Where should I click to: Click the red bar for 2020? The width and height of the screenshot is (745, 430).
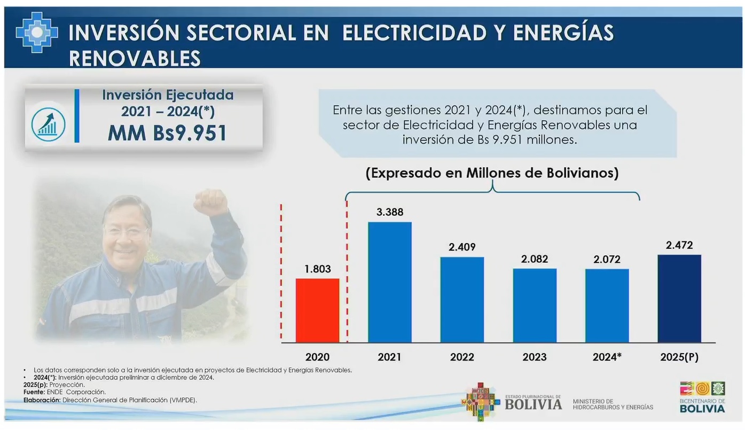tap(317, 310)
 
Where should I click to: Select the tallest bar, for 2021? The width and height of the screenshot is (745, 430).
tap(389, 282)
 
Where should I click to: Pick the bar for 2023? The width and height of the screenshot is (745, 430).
tap(535, 305)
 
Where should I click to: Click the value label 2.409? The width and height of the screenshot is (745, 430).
tap(462, 247)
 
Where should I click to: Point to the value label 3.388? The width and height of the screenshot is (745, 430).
tap(389, 212)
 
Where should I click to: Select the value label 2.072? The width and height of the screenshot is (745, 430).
tap(607, 259)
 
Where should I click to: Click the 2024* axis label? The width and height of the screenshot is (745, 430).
tap(607, 357)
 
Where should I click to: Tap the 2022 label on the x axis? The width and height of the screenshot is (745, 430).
tap(462, 357)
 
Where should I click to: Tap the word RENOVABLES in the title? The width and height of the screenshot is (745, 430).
tap(135, 58)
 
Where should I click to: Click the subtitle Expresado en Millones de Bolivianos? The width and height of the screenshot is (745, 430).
tap(492, 174)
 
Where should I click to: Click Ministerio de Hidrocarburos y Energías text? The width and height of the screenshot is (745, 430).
tap(613, 404)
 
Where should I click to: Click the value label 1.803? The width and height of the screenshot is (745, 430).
tap(317, 269)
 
